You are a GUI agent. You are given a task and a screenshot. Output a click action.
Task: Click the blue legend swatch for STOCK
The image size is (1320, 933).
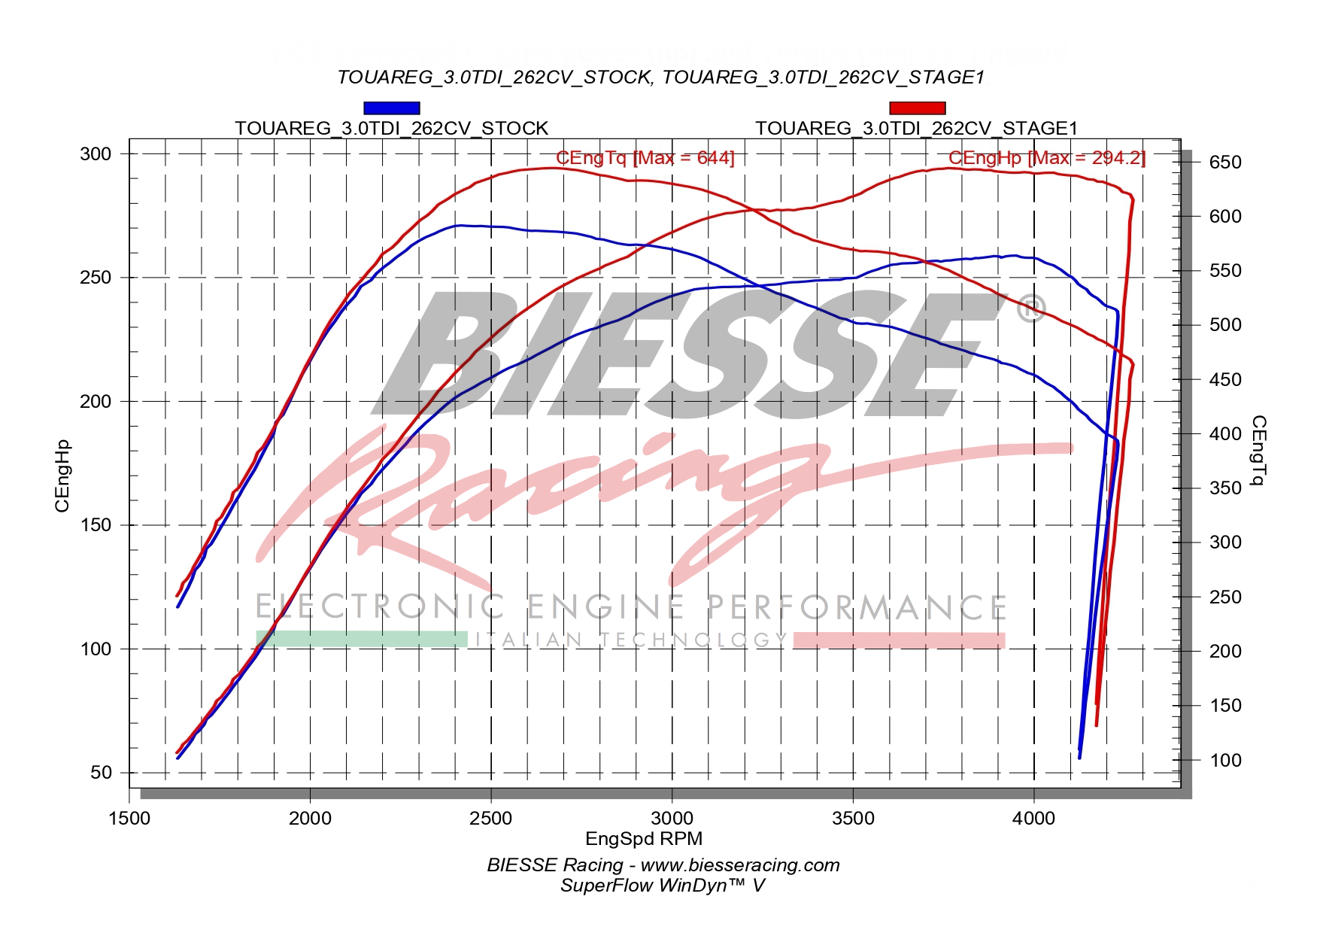point(391,108)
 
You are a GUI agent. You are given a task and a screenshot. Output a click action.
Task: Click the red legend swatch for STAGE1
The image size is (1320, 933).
point(917,108)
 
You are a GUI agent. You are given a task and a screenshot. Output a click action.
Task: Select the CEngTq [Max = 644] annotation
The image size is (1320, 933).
point(645,158)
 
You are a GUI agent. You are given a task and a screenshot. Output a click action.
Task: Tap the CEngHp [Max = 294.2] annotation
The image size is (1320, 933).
point(1046,158)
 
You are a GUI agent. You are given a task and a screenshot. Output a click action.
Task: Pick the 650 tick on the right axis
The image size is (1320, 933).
point(1225,163)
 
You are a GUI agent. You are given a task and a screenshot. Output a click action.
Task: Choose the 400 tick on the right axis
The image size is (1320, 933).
point(1225,434)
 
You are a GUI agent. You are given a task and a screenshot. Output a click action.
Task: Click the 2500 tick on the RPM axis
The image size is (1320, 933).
point(490,818)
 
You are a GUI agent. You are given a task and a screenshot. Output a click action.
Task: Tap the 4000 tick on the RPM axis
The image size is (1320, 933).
point(1033,818)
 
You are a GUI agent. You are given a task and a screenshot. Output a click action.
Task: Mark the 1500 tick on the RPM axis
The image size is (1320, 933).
point(129,818)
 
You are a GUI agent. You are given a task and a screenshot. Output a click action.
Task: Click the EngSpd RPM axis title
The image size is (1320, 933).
point(644,838)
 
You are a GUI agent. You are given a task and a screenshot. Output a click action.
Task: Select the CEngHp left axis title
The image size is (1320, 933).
point(62,476)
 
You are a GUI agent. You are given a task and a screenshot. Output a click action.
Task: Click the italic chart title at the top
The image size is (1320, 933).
point(660,77)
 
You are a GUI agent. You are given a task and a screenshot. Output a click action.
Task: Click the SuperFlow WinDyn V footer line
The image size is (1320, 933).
point(662,886)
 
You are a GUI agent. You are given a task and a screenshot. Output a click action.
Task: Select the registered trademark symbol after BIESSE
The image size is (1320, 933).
point(1030,308)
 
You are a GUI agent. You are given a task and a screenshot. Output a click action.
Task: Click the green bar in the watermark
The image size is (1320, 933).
point(362,640)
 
